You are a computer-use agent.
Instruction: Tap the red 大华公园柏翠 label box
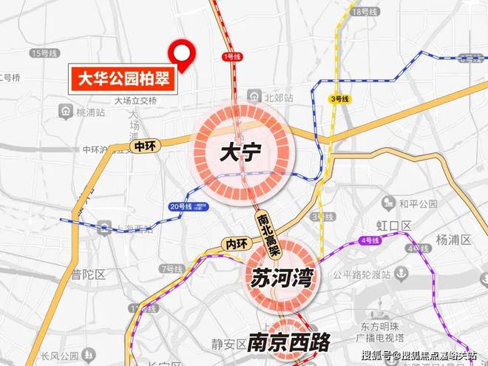[123, 78]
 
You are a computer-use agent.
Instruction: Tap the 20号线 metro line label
[180, 206]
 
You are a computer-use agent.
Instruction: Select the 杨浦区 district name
[453, 239]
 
